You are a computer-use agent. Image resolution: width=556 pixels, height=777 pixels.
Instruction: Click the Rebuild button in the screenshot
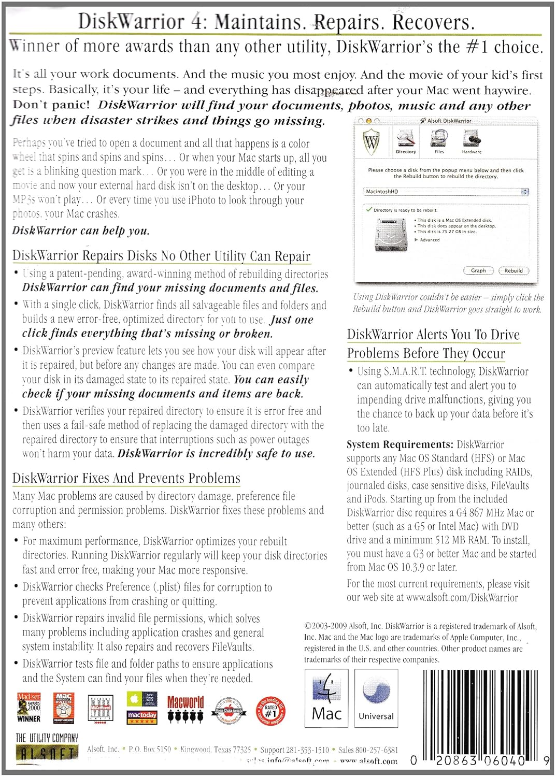click(x=513, y=270)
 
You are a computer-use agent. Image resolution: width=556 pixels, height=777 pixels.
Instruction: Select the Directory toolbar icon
click(x=406, y=140)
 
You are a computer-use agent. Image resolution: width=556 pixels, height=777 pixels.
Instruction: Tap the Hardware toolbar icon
click(x=472, y=140)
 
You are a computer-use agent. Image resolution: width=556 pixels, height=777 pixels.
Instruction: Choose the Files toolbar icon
click(x=439, y=140)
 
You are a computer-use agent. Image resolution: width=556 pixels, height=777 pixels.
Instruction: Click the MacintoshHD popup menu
click(x=447, y=192)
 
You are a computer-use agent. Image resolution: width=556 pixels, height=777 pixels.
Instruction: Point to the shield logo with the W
click(x=372, y=141)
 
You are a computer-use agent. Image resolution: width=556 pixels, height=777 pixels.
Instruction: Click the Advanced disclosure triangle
click(x=417, y=240)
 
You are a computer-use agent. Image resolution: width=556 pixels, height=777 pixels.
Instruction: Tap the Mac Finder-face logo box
click(x=326, y=698)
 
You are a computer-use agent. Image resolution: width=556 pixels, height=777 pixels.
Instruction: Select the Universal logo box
click(x=376, y=698)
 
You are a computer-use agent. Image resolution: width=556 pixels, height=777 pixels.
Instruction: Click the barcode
click(x=479, y=717)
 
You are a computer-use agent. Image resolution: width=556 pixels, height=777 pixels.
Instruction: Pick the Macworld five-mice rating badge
click(x=186, y=709)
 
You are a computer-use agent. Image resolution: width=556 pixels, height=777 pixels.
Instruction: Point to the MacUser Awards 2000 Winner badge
click(x=29, y=708)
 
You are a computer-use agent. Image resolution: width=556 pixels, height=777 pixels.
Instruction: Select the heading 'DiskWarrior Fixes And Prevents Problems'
click(x=126, y=478)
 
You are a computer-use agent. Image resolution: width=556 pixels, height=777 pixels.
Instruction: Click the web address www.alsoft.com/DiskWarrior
click(x=462, y=598)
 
